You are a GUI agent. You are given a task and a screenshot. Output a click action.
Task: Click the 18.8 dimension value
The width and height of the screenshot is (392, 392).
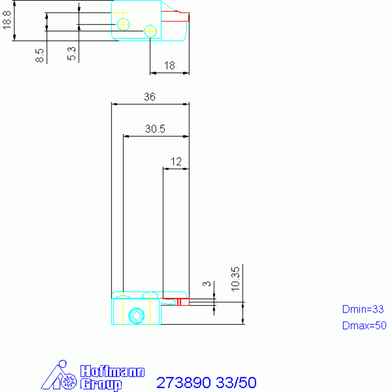[7, 20]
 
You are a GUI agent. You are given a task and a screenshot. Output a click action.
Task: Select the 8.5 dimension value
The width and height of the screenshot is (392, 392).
[39, 55]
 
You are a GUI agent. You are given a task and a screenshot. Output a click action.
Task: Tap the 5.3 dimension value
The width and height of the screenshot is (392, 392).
[72, 54]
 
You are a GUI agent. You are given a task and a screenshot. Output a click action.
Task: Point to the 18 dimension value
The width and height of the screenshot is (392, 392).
[170, 65]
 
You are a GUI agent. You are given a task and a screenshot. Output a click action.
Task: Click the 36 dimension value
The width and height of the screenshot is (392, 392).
[150, 97]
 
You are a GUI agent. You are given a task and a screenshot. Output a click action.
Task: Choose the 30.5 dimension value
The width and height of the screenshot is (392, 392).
[155, 129]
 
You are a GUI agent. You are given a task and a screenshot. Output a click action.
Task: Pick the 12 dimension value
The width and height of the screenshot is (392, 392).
[176, 162]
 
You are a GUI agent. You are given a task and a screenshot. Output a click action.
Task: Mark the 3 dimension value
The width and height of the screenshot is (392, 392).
[207, 284]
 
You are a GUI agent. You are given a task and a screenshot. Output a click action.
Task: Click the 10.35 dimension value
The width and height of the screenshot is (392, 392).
[236, 279]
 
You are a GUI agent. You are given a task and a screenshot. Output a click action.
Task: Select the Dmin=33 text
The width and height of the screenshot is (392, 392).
[363, 309]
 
